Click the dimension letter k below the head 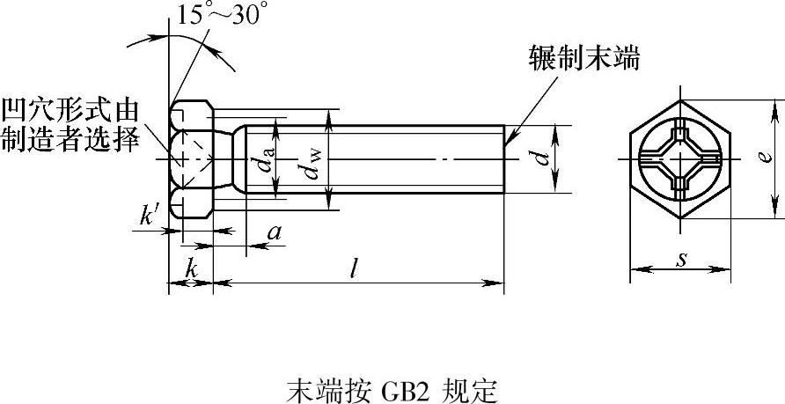click(x=191, y=269)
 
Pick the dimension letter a click(x=275, y=232)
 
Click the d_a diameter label click(x=267, y=159)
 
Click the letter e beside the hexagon click(x=765, y=158)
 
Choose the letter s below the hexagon click(x=680, y=260)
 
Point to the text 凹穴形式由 click(x=70, y=111)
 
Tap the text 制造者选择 click(x=70, y=141)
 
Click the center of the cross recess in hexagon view click(x=680, y=159)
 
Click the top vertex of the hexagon click(x=680, y=100)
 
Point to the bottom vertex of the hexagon click(x=680, y=217)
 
